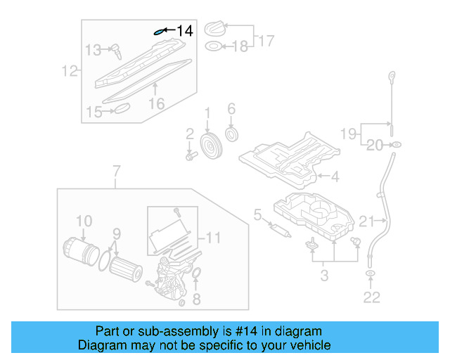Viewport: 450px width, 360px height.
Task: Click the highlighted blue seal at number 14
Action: point(160,31)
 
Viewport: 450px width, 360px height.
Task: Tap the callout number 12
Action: point(68,70)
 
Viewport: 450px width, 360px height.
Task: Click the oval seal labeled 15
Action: point(122,108)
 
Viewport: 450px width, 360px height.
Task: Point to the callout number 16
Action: point(156,103)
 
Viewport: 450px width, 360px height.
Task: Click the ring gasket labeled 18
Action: point(212,47)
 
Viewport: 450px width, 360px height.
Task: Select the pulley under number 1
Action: point(210,146)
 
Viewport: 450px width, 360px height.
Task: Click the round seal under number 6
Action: point(231,134)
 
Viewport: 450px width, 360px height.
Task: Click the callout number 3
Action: point(324,275)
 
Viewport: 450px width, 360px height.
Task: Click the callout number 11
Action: point(213,238)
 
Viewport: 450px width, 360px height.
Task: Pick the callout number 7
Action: point(116,170)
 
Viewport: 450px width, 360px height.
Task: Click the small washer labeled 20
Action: point(396,145)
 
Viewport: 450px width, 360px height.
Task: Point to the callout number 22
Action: point(371,297)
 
